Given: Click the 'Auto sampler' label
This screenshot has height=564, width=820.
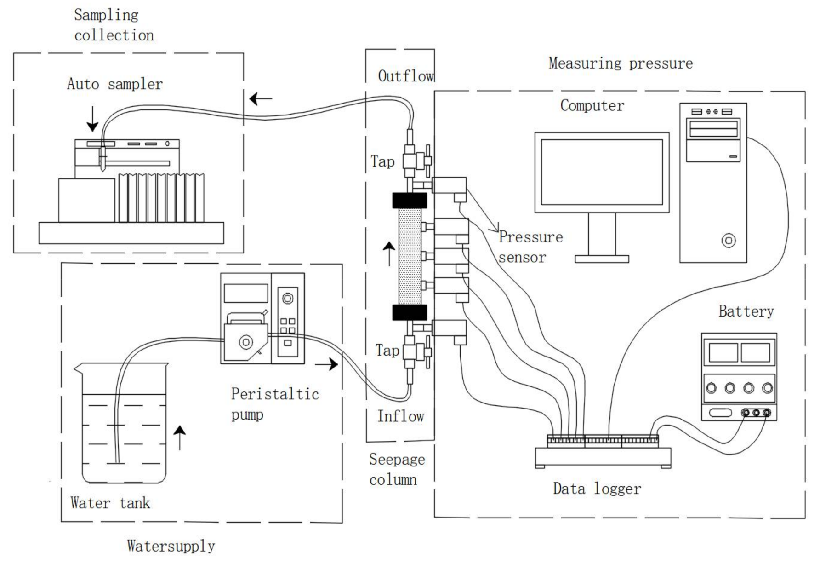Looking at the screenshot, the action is (x=115, y=84).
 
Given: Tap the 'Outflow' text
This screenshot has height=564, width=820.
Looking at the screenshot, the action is (x=406, y=76).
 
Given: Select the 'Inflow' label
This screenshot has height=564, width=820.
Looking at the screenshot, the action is (x=401, y=416).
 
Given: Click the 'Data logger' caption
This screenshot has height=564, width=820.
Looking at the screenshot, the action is (x=597, y=489).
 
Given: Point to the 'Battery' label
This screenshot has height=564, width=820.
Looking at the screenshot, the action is (x=746, y=311).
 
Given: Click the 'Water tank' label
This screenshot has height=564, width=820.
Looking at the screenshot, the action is (x=110, y=503).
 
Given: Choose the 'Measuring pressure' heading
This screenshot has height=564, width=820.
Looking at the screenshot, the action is (x=621, y=63).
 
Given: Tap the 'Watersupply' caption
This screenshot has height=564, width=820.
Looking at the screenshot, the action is (x=171, y=546).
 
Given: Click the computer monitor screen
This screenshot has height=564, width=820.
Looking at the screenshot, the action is (x=602, y=172).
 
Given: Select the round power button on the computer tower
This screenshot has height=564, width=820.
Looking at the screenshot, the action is (x=729, y=240).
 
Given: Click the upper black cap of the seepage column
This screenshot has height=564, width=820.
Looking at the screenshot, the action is (x=410, y=201).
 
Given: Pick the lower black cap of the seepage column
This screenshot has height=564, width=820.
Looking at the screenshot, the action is (x=410, y=312).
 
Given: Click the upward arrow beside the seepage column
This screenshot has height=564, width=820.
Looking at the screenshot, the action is (x=389, y=254).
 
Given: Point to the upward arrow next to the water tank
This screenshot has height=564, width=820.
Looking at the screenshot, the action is (x=180, y=437).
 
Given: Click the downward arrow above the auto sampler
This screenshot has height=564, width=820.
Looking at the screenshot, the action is (x=93, y=119).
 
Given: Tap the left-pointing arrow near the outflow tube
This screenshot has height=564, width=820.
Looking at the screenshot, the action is (x=261, y=98).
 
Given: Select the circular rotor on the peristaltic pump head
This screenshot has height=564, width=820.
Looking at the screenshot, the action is (x=246, y=342).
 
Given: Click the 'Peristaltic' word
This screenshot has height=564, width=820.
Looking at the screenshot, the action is (x=275, y=394).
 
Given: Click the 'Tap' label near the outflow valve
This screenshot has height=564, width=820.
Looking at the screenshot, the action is (x=383, y=161).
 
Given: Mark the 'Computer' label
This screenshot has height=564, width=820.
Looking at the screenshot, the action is (x=592, y=106).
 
